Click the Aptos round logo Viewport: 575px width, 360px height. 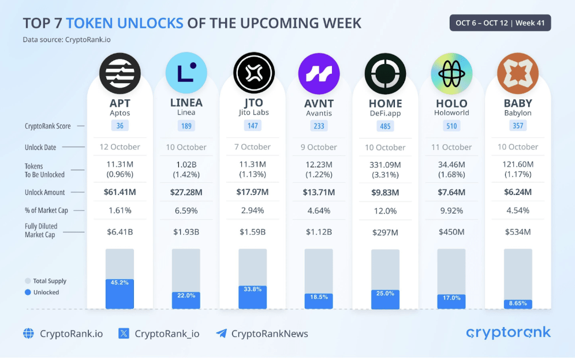click(120, 73)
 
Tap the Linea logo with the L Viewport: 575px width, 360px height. click(186, 73)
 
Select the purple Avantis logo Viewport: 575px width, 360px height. click(319, 73)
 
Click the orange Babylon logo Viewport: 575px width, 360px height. click(517, 73)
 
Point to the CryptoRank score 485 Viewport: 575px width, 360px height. click(385, 126)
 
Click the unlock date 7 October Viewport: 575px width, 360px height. click(252, 147)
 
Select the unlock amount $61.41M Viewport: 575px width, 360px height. click(120, 192)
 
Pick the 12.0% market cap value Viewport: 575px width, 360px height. click(385, 211)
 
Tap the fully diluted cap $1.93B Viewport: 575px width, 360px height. click(186, 232)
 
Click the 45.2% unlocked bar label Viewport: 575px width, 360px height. click(120, 283)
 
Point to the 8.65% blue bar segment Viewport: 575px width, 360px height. click(517, 304)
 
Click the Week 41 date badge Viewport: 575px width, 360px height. click(500, 23)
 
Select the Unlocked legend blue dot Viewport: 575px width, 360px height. click(27, 292)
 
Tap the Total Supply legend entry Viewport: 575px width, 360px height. click(46, 281)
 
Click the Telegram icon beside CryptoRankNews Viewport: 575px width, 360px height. click(221, 333)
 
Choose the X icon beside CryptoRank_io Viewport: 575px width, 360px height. click(124, 333)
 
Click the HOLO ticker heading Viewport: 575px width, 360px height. click(451, 103)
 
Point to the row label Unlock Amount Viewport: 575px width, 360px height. click(45, 193)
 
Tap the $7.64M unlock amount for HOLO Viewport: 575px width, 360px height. click(451, 192)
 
